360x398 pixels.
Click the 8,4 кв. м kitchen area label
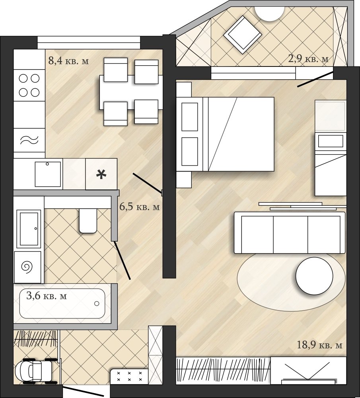click(68, 61)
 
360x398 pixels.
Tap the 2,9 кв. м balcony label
click(308, 59)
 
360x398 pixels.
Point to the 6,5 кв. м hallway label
click(140, 207)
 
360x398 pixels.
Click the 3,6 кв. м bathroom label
click(47, 296)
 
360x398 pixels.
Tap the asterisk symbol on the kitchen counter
click(101, 175)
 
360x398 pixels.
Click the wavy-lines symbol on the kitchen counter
click(29, 140)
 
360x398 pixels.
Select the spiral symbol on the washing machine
click(27, 267)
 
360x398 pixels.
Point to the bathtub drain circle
click(97, 303)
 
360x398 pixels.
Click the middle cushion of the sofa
click(290, 234)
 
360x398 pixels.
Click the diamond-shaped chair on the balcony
click(243, 35)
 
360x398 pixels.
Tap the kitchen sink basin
click(48, 174)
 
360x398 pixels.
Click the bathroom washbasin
click(29, 229)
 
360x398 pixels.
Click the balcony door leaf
click(315, 80)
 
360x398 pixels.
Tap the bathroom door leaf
click(122, 260)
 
